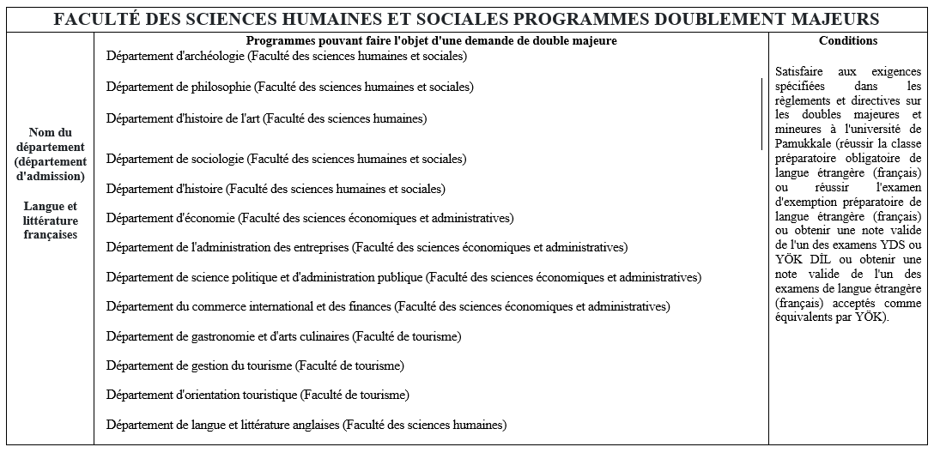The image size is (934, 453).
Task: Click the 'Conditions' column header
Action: tap(848, 41)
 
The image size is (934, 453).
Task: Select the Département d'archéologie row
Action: tap(287, 57)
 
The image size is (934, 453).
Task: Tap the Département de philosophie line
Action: tap(290, 87)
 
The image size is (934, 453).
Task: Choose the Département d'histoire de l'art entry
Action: tap(266, 118)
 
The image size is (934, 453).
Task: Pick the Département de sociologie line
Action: tap(287, 159)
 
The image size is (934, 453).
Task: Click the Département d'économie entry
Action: tap(310, 218)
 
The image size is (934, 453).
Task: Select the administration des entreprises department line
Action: tap(367, 247)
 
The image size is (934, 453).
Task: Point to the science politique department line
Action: tap(403, 277)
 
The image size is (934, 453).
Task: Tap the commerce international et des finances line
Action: tap(388, 306)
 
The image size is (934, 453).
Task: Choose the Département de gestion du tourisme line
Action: tap(255, 365)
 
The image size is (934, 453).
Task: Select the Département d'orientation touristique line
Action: tap(258, 395)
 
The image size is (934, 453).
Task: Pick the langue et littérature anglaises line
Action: tap(306, 425)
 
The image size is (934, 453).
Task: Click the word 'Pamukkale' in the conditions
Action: tap(798, 142)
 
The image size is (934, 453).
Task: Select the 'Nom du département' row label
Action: tap(51, 154)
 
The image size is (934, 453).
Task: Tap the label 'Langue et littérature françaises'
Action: tap(51, 220)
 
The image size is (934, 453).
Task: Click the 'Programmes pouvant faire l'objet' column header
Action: tap(431, 41)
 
